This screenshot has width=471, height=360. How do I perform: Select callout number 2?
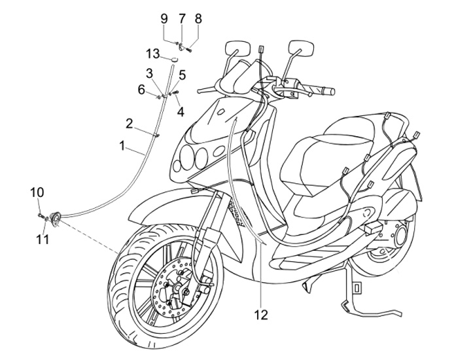click(x=130, y=122)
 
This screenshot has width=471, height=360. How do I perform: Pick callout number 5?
click(x=182, y=75)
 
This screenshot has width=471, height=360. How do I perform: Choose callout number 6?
click(x=141, y=90)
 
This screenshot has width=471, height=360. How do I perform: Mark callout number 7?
click(x=182, y=18)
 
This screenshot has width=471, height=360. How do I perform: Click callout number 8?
click(x=198, y=18)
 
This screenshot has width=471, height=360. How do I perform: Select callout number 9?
click(x=166, y=18)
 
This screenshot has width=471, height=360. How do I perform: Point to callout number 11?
click(x=43, y=240)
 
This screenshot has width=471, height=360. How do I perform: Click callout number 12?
click(x=261, y=315)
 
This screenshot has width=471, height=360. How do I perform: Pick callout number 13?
click(x=152, y=52)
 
